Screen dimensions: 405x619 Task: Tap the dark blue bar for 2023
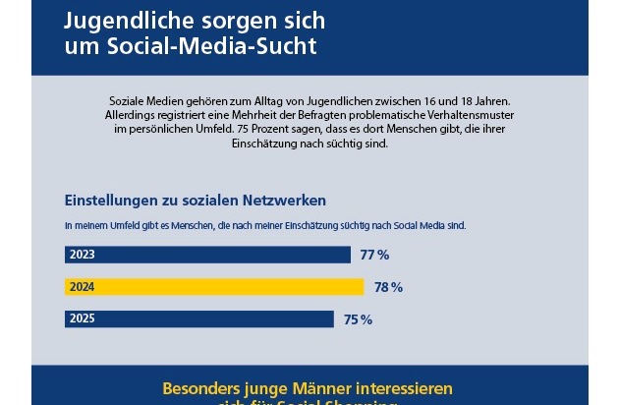[x=207, y=256]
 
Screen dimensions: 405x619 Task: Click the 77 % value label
[x=374, y=256]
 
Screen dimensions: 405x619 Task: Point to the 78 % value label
[x=388, y=287]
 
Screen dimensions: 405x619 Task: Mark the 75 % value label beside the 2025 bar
[x=359, y=318]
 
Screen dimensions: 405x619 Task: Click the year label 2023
[x=83, y=256]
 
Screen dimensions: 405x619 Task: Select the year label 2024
[x=83, y=287]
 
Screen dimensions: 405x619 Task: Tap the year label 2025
[x=83, y=318]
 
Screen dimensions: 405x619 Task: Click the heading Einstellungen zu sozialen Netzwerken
[x=195, y=201]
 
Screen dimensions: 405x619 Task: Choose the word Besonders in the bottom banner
[x=205, y=387]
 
